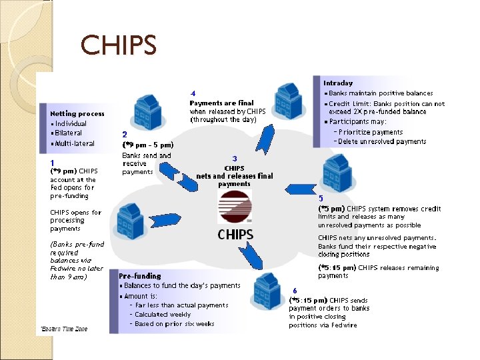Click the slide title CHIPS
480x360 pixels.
pyautogui.click(x=119, y=45)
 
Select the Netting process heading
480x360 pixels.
pyautogui.click(x=77, y=113)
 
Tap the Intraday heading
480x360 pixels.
pyautogui.click(x=338, y=83)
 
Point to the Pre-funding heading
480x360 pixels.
pyautogui.click(x=139, y=275)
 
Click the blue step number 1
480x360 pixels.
pyautogui.click(x=52, y=162)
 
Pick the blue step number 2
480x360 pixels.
pyautogui.click(x=125, y=134)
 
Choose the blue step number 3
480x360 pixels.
pyautogui.click(x=235, y=158)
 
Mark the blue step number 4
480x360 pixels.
pyautogui.click(x=193, y=93)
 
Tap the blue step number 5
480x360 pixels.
pyautogui.click(x=321, y=198)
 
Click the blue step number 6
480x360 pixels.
pyautogui.click(x=295, y=291)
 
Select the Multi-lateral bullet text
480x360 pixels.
pyautogui.click(x=75, y=143)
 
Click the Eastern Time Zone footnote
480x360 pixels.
pyautogui.click(x=63, y=329)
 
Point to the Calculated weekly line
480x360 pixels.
pyautogui.click(x=163, y=314)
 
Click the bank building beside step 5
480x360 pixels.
pyautogui.click(x=336, y=172)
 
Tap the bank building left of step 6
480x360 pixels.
pyautogui.click(x=266, y=291)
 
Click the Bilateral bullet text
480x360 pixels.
pyautogui.click(x=71, y=133)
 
